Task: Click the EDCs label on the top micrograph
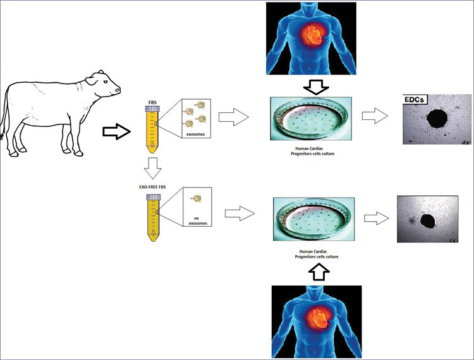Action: pyautogui.click(x=415, y=100)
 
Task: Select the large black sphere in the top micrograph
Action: pyautogui.click(x=436, y=118)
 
